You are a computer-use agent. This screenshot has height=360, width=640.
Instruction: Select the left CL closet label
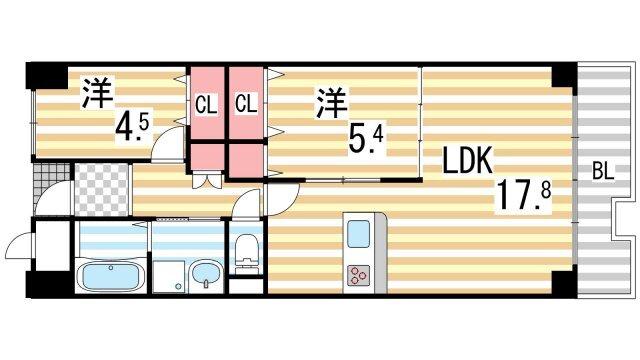coord(206,102)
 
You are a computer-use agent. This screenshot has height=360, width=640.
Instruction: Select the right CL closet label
coord(246,102)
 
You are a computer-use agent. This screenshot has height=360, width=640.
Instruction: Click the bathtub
coord(111,277)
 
